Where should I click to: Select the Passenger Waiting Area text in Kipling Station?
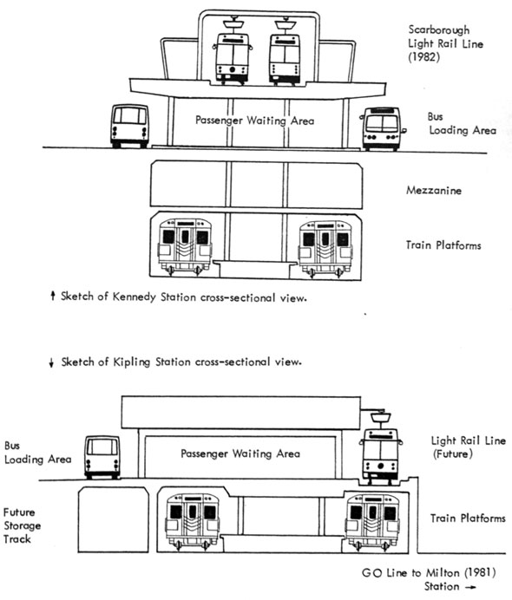240,453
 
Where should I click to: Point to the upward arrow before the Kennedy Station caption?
54,297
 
